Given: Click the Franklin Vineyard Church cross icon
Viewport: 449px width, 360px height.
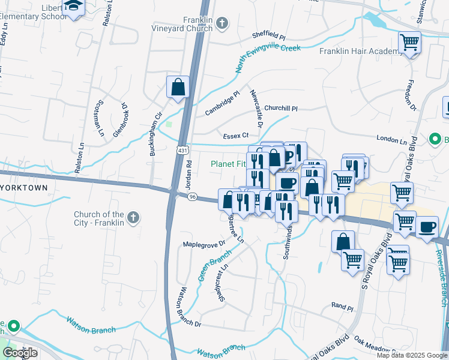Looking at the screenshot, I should click(222, 24).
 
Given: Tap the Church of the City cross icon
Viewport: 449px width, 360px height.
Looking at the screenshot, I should click(133, 217).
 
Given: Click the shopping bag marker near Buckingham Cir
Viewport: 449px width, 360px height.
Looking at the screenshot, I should click(178, 87).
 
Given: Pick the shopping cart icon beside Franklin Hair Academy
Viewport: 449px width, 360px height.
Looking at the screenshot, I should click(409, 43).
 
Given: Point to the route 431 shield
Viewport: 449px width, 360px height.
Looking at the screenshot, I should click(180, 148).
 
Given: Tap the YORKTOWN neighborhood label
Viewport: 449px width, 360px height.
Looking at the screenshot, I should click(23, 188).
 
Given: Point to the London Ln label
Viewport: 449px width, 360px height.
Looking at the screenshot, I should click(391, 139).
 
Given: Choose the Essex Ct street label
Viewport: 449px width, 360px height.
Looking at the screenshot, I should click(236, 136).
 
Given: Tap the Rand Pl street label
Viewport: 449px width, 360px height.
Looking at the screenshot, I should click(342, 307).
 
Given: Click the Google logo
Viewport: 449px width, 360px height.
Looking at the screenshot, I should click(20, 352).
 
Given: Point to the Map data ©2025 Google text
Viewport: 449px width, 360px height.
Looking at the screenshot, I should click(411, 355).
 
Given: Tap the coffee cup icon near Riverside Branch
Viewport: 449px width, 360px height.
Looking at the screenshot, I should click(427, 227).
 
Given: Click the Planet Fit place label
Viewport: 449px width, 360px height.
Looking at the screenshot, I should click(228, 164).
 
